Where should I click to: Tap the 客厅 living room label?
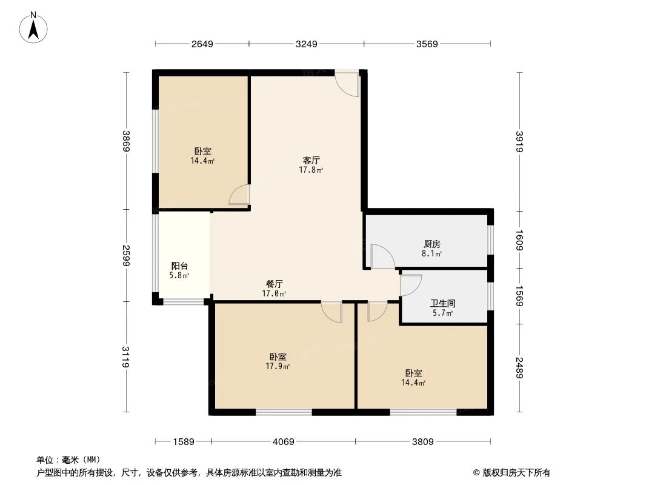[311, 161]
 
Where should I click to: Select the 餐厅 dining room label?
[275, 284]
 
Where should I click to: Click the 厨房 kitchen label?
[431, 244]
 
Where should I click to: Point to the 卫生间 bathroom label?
[443, 303]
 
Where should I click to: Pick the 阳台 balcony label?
[179, 266]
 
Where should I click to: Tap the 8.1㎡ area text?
[431, 254]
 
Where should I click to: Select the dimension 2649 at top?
[202, 44]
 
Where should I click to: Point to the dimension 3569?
[427, 44]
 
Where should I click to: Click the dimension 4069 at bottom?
[283, 442]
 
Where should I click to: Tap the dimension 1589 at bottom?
[184, 442]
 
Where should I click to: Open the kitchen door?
[382, 256]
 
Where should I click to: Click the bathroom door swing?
[410, 285]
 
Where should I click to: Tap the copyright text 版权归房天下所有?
[516, 472]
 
